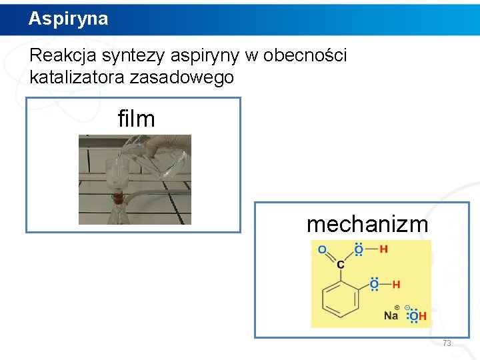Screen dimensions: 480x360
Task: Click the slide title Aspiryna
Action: (68, 19)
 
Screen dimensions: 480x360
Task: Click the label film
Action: (136, 119)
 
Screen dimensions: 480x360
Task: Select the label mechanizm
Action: (367, 225)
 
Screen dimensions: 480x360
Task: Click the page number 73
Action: (447, 343)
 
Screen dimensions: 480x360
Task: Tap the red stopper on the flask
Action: (118, 197)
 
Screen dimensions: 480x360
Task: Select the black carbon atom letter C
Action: (341, 265)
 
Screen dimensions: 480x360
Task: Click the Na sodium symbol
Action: (391, 316)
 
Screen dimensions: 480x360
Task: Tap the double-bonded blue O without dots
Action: (322, 249)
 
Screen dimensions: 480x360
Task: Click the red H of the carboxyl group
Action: (383, 249)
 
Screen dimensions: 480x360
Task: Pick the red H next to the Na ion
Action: (423, 316)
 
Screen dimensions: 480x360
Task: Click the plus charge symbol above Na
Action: (397, 307)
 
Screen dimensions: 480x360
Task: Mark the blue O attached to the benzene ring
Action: (374, 285)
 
